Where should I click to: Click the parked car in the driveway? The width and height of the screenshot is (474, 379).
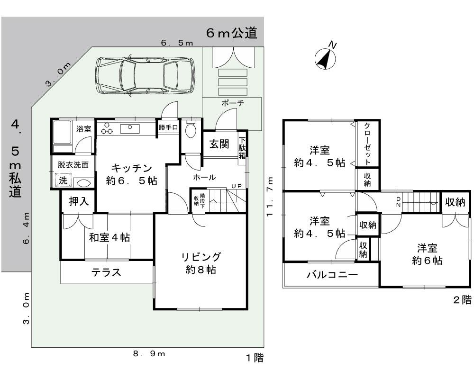pos(145,75)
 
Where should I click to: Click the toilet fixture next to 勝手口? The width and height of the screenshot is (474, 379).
pos(191,129)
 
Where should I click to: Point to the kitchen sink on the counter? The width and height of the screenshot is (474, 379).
pos(129,128)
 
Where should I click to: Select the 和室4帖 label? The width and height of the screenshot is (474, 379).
pos(109,237)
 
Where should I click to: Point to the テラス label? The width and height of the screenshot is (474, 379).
pos(107,272)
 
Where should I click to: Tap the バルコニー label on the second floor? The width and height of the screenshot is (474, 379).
pos(332,275)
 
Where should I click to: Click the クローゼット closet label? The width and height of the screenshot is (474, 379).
pos(368,144)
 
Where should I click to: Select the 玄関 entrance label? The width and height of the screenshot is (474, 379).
pos(219,144)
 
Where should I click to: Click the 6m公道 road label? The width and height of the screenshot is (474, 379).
pos(232,33)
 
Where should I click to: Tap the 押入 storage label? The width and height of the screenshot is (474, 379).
pos(78,201)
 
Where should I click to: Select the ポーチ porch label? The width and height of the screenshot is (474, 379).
pos(232,103)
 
